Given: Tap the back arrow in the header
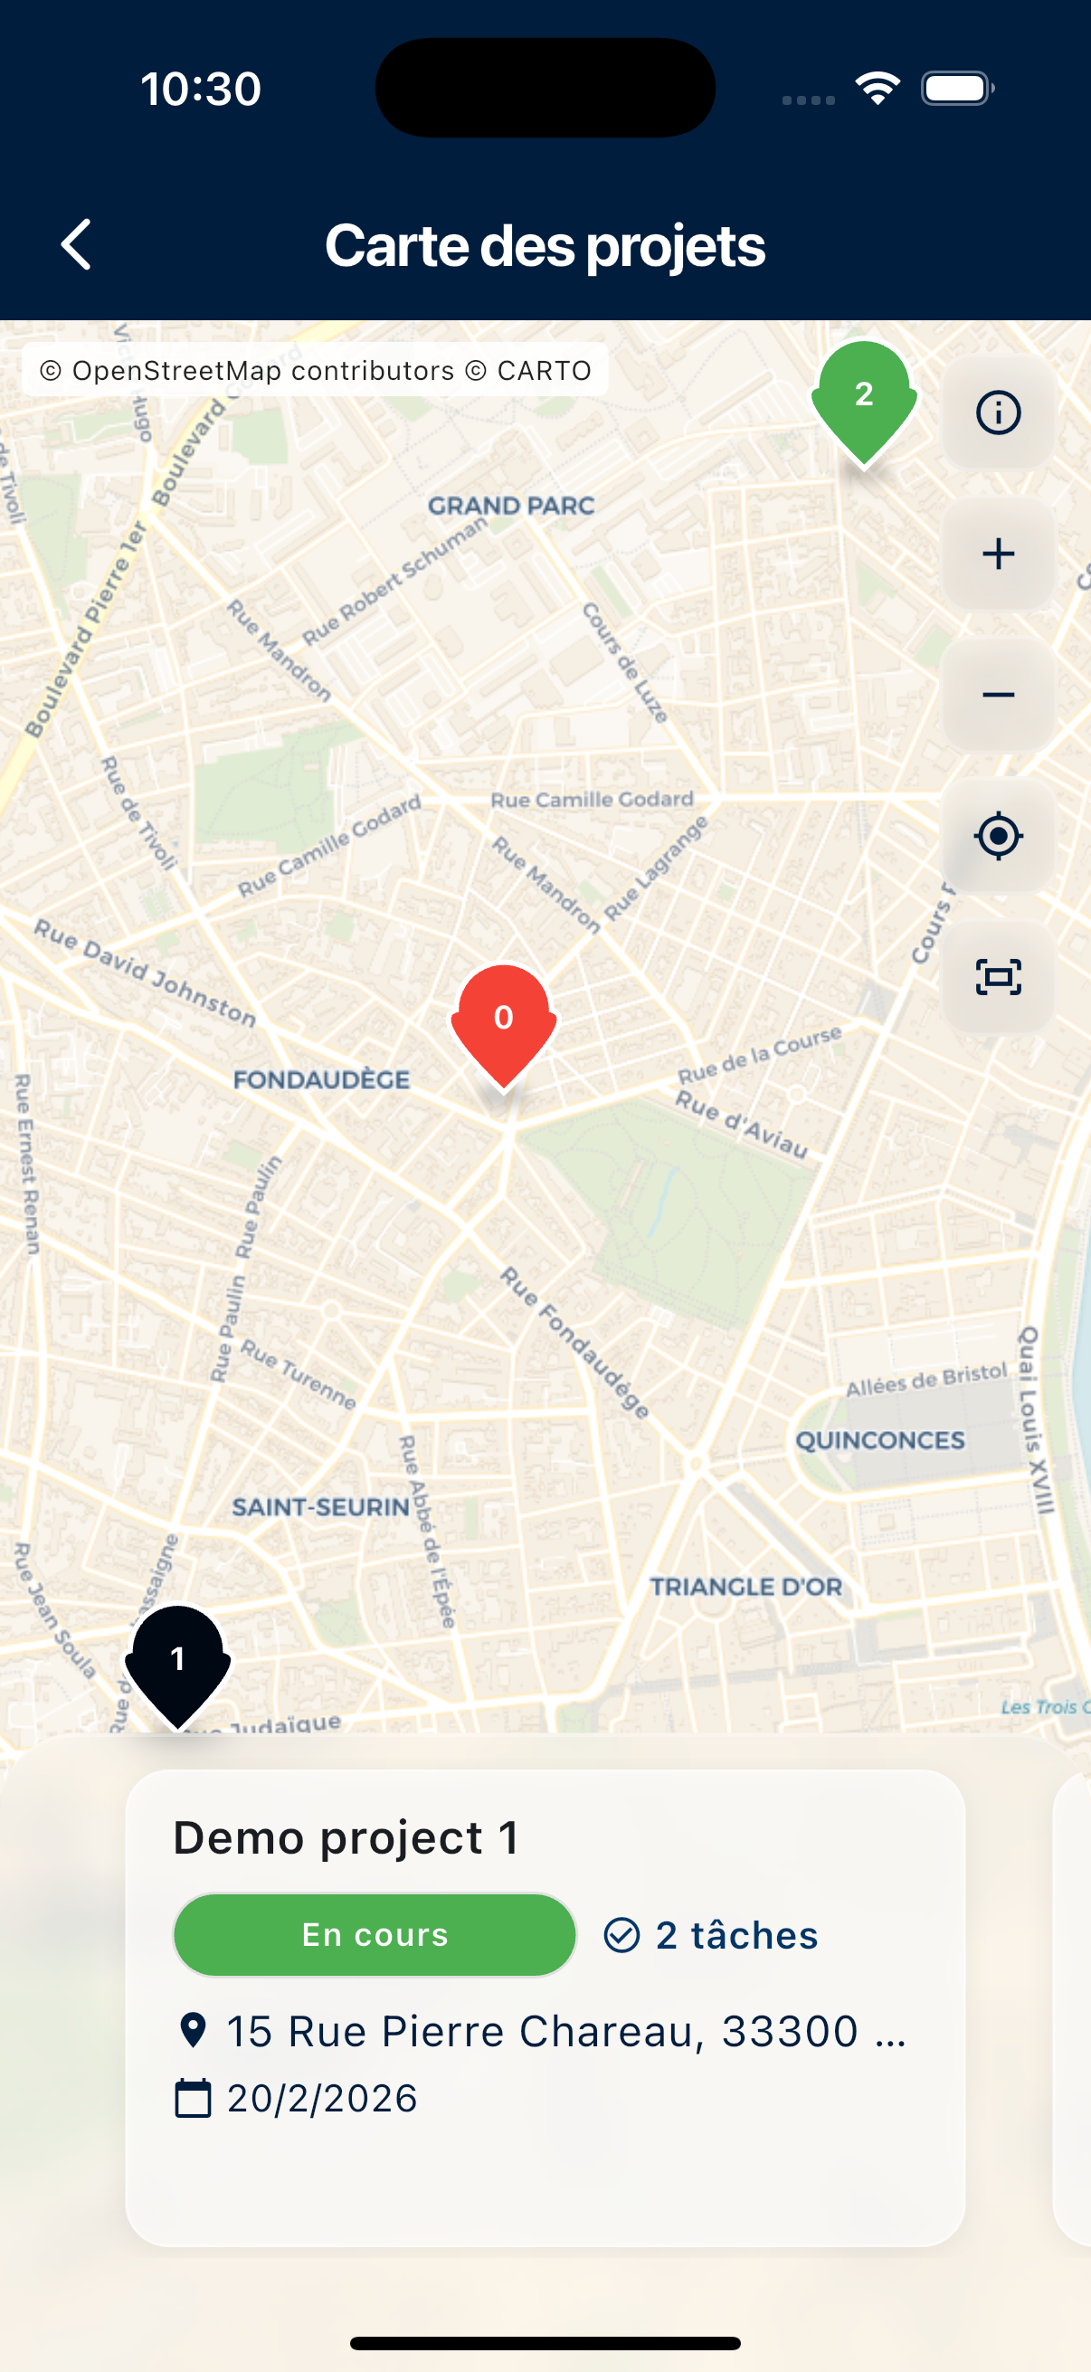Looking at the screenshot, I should [x=76, y=245].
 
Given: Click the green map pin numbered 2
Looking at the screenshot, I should [x=864, y=399].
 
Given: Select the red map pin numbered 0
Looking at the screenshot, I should [x=504, y=1022].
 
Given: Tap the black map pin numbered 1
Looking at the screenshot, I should [x=177, y=1663].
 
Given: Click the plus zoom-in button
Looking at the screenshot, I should [x=998, y=555].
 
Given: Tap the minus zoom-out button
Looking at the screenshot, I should [x=998, y=695].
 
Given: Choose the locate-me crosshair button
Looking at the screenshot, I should [x=998, y=836].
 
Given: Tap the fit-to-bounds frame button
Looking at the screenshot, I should [x=998, y=977].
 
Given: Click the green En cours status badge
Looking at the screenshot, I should [x=375, y=1935].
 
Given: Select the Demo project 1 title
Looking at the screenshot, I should [x=346, y=1838].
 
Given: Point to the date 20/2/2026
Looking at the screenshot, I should [x=322, y=2099].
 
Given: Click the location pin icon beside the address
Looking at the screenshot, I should [x=193, y=2030].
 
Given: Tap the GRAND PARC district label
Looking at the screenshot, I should [x=511, y=506].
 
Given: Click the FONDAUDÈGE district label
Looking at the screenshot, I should [x=321, y=1079].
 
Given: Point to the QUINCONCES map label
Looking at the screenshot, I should [x=880, y=1440].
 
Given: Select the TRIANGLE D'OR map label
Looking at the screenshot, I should [x=745, y=1587].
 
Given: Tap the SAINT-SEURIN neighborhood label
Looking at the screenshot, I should [x=320, y=1506].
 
